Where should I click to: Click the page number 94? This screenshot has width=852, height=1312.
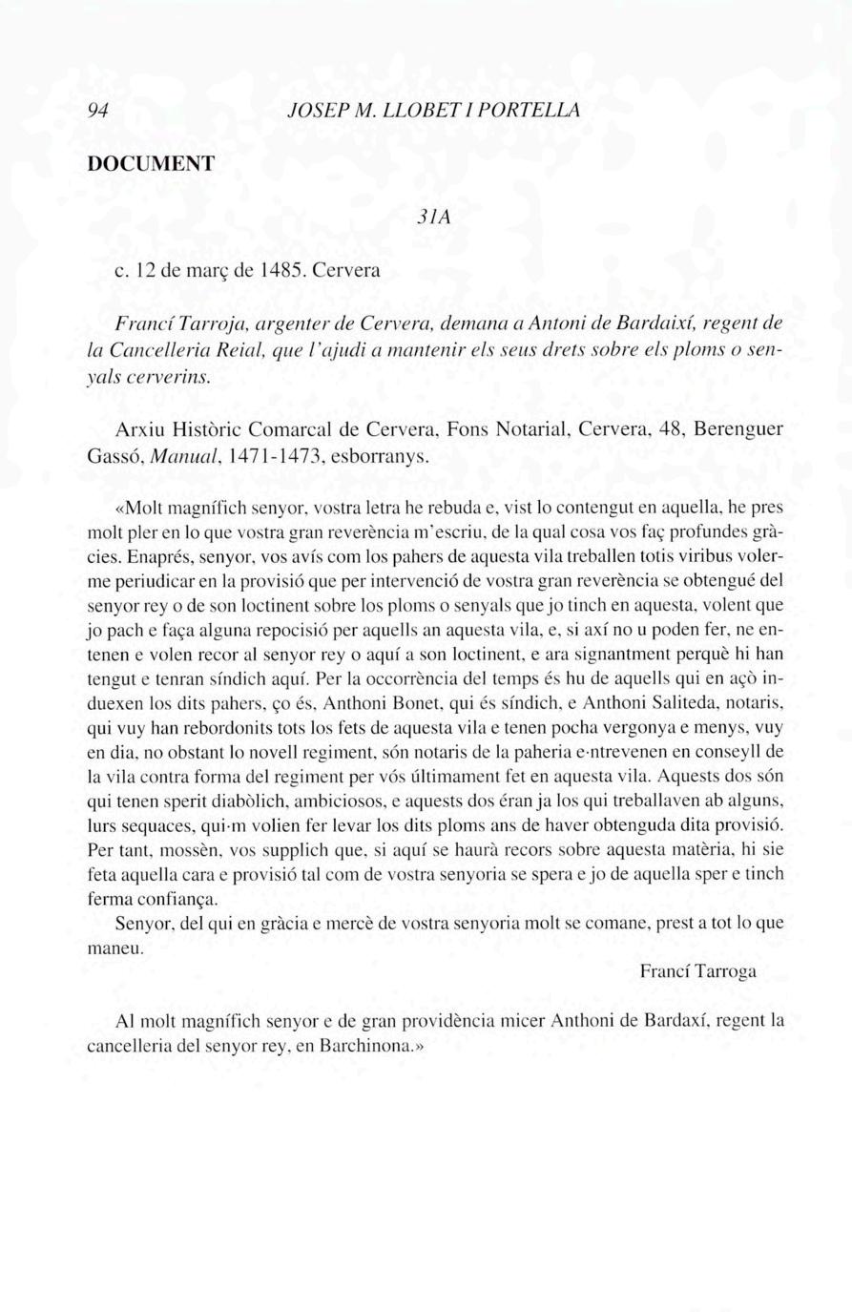click(x=95, y=111)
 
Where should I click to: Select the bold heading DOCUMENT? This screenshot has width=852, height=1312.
click(x=151, y=163)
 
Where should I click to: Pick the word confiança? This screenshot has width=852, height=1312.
click(x=178, y=899)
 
